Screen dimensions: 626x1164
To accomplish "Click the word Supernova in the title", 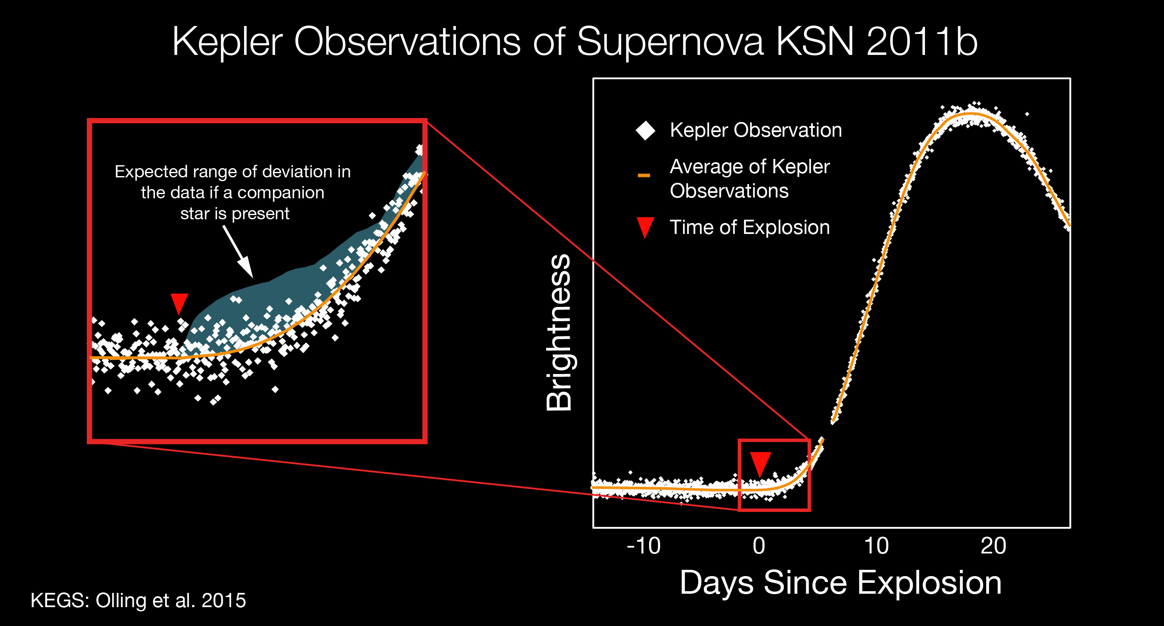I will point(671,42).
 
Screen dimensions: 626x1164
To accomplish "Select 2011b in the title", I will point(922,42).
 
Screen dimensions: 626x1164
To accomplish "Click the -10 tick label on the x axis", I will point(643,545).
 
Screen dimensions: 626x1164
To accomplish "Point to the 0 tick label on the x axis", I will point(759,545).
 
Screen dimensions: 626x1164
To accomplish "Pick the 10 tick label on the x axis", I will point(876,545).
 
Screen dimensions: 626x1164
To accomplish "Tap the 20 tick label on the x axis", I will point(993,545).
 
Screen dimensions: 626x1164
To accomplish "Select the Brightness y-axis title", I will point(559,332).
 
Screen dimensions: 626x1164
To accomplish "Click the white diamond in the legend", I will point(645,130).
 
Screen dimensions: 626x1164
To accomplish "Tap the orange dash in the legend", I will point(644,175).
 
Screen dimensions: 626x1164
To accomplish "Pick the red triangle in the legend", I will point(645,227).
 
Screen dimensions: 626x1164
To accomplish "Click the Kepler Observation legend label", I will point(755,130).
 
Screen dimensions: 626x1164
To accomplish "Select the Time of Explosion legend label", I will point(750,227).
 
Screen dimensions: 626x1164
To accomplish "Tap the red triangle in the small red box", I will point(760,463).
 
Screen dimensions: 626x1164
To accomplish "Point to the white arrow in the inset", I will point(238,251).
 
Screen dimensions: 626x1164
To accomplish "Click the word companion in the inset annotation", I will point(281,192).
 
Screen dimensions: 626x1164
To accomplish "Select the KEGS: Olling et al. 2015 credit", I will point(138,600).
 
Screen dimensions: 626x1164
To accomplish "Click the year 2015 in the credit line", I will point(223,600).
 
